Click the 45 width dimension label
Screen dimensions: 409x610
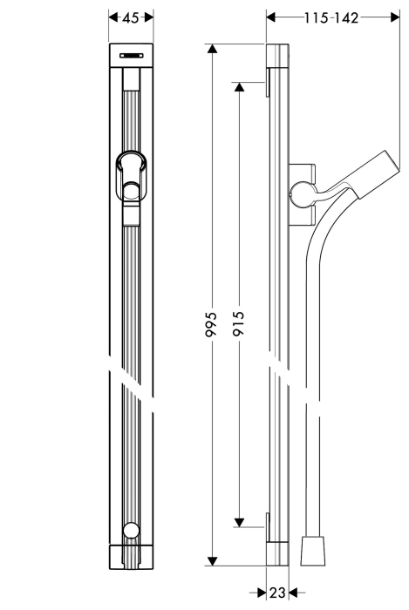130,17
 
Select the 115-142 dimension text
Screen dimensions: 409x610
331,18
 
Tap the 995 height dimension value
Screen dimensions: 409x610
211,323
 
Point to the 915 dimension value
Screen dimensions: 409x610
238,323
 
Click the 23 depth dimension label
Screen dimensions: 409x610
277,593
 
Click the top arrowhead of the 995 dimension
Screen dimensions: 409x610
212,49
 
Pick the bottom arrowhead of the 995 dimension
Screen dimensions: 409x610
212,561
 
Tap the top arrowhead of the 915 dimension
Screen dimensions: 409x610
239,87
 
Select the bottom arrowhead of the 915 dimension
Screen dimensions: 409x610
239,523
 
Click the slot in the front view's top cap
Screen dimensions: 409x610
131,55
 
